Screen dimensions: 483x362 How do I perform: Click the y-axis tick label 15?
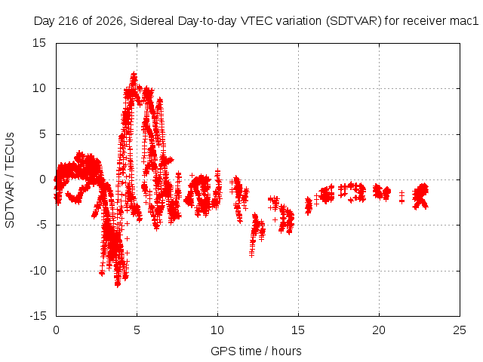(39, 43)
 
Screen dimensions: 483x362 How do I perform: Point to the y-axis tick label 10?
(39, 89)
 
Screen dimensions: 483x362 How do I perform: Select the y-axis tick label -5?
(41, 225)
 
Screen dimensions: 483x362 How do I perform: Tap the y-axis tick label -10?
(38, 271)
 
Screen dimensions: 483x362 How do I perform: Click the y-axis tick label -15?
(38, 316)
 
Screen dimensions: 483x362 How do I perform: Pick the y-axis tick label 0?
(42, 179)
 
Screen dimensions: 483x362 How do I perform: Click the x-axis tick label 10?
(217, 330)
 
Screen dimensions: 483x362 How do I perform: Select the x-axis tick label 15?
(298, 330)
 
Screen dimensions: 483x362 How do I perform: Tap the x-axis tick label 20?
(379, 330)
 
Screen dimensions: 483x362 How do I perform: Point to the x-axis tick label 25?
(460, 330)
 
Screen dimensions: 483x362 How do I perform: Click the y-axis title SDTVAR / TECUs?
(10, 180)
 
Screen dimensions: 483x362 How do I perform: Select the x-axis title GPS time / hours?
(256, 351)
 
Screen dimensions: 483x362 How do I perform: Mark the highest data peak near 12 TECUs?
(134, 75)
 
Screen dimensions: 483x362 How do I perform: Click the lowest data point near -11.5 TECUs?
(118, 284)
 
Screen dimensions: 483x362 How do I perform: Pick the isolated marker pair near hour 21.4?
(401, 197)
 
